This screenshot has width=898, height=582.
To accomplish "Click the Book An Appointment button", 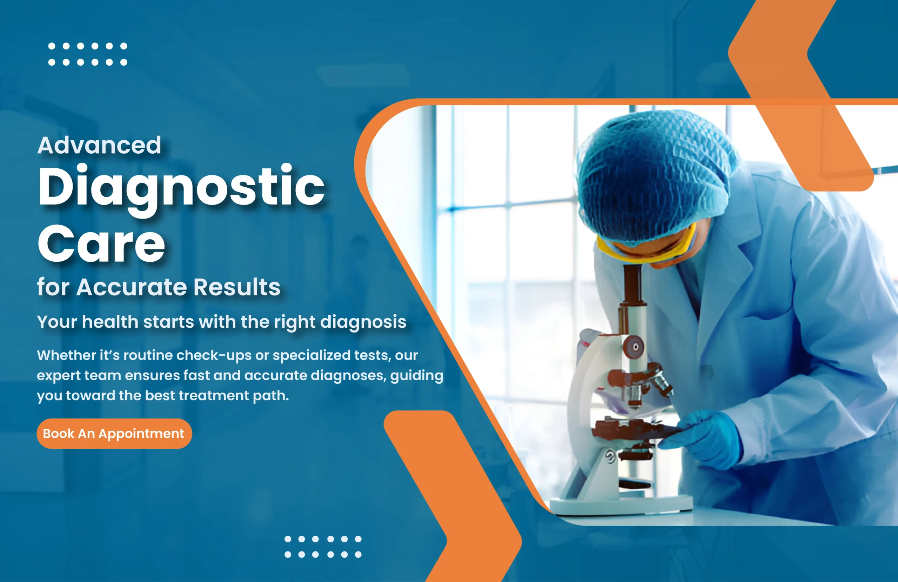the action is (x=114, y=433).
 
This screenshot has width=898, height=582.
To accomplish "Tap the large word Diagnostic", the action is (x=181, y=188).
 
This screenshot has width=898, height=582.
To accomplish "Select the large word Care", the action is (x=101, y=243).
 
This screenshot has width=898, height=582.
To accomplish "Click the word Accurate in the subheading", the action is (x=132, y=287).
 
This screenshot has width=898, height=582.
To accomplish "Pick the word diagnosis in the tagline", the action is (x=363, y=322).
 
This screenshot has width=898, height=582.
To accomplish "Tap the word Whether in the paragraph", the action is (x=67, y=355).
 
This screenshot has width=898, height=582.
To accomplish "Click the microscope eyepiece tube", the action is (x=633, y=298).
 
